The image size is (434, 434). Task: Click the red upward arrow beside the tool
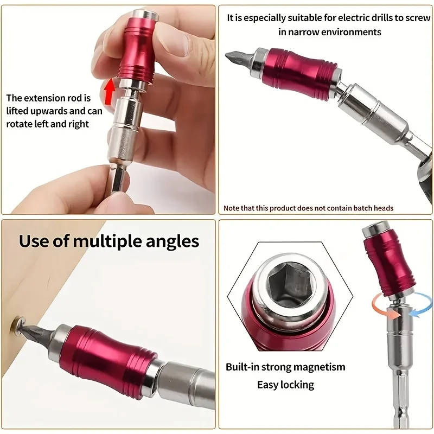(110, 91)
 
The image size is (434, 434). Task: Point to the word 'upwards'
(49, 111)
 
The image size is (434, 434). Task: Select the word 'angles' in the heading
(172, 242)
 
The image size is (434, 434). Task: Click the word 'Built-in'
(242, 367)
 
